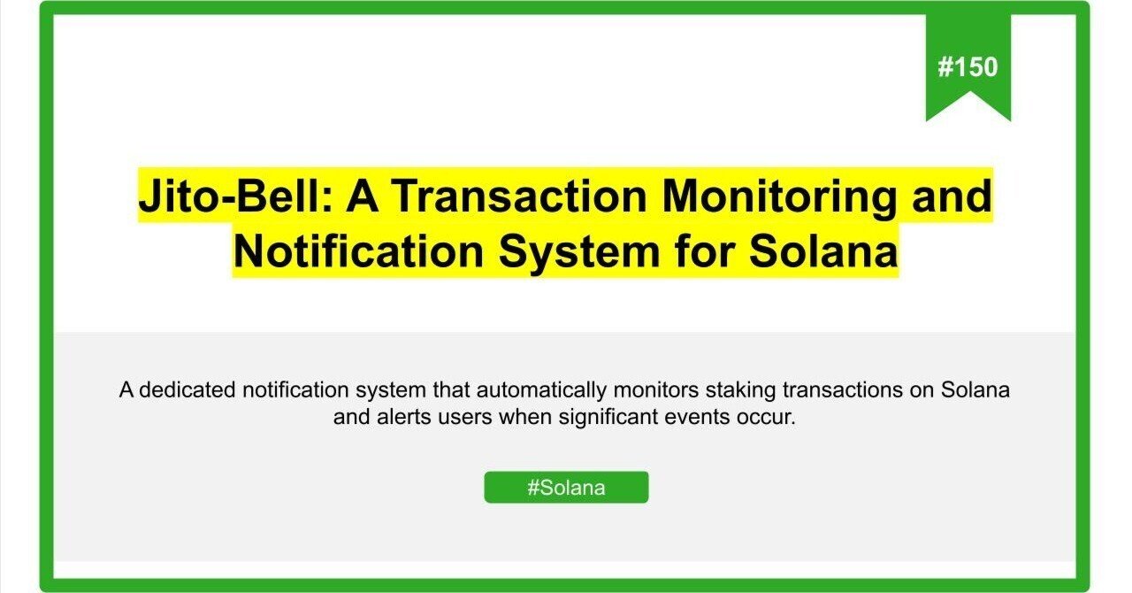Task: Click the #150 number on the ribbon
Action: coord(968,67)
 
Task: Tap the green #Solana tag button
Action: coord(566,488)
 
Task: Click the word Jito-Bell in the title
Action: coord(232,196)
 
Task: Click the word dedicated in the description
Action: coord(180,390)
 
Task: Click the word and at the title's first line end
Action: coord(952,196)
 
